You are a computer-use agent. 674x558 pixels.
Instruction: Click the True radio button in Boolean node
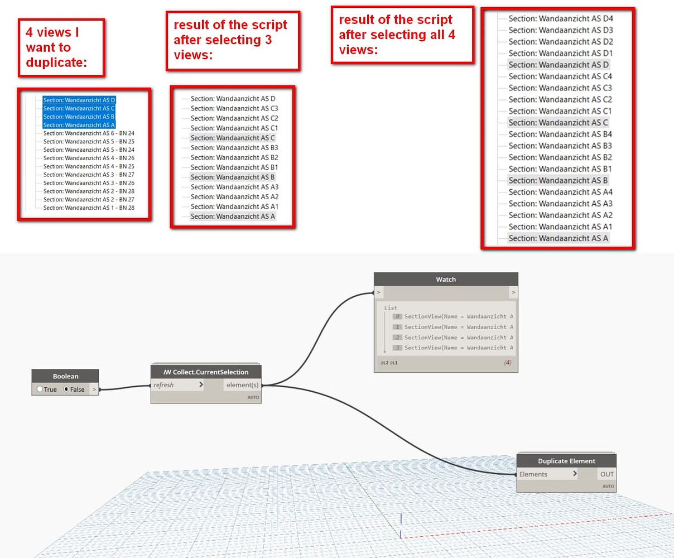click(40, 389)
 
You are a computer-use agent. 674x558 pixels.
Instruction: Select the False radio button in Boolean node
click(66, 389)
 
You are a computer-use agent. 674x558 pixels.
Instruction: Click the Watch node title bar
click(445, 279)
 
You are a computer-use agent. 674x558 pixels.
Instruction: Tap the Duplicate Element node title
click(566, 461)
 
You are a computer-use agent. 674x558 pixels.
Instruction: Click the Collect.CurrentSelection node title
click(206, 372)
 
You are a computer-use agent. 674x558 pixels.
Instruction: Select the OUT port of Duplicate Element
click(606, 474)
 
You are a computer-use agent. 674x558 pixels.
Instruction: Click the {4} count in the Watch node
click(507, 363)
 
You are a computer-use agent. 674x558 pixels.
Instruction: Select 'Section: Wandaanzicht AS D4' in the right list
click(560, 18)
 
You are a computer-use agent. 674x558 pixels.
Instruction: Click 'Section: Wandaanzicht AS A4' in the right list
click(560, 192)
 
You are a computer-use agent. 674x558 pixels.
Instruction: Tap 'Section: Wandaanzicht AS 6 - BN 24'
click(89, 133)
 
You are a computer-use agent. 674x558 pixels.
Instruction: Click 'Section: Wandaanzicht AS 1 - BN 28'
click(89, 208)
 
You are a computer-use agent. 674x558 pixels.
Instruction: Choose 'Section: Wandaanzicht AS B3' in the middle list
click(234, 148)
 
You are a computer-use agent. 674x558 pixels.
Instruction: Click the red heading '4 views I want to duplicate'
click(56, 47)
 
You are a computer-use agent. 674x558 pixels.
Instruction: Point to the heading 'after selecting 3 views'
click(230, 40)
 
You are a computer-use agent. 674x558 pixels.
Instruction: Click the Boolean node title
click(65, 376)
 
